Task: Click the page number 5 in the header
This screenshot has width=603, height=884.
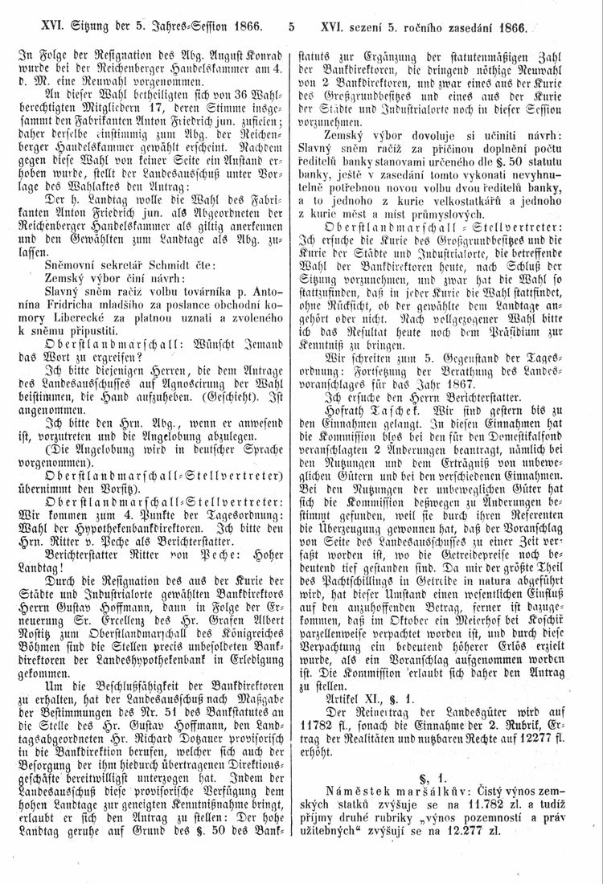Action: [x=291, y=27]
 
